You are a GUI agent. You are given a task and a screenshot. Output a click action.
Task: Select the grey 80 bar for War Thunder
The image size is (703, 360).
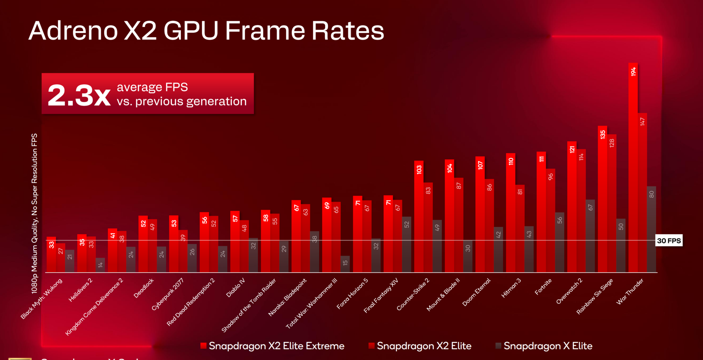[x=651, y=229]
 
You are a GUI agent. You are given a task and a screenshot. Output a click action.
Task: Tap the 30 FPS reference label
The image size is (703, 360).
[x=669, y=241]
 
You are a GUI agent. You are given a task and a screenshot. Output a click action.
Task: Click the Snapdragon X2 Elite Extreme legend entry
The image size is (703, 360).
[x=272, y=346]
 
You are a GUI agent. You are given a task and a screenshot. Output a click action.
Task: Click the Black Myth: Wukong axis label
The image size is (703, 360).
[x=42, y=298]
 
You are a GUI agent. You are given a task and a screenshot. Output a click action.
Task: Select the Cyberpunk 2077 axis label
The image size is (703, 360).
[x=167, y=294]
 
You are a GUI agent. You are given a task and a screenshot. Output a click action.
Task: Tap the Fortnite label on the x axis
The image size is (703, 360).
[x=543, y=286]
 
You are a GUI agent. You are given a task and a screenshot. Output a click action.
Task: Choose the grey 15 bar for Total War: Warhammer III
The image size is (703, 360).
[x=345, y=264]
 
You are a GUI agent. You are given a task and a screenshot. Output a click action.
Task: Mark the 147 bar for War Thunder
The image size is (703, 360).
[x=642, y=193]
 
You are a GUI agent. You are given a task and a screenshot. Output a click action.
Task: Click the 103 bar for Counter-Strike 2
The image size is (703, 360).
[x=419, y=216]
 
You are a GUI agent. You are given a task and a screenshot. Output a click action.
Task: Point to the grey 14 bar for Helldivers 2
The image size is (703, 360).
[x=100, y=265]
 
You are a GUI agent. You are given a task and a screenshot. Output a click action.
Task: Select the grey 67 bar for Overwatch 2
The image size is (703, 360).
[x=590, y=236]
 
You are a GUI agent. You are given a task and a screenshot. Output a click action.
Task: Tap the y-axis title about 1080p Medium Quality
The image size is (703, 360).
[x=34, y=214]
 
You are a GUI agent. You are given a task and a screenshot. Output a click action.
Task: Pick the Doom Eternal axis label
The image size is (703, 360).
[x=476, y=292]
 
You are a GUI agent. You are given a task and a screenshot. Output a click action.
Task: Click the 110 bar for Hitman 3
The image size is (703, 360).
[x=511, y=213]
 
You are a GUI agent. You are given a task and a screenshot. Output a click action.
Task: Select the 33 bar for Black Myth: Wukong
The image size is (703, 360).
[x=51, y=255]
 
